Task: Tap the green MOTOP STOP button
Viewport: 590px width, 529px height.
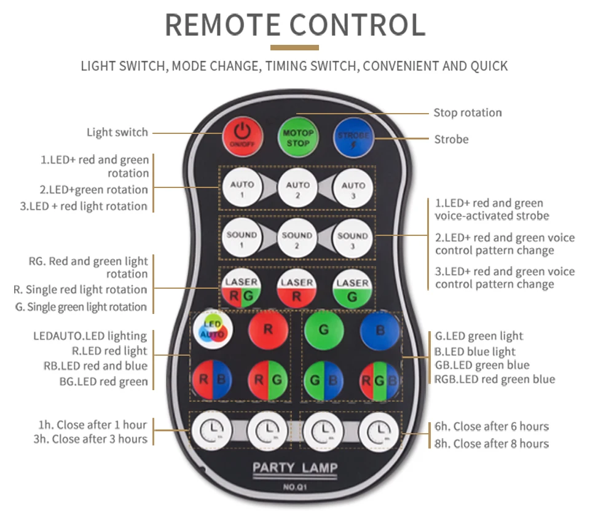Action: [297, 138]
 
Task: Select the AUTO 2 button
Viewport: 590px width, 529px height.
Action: [297, 189]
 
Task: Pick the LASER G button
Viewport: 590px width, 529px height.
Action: [352, 290]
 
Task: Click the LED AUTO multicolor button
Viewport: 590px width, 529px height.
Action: [212, 330]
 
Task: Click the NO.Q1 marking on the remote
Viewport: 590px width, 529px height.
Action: [295, 488]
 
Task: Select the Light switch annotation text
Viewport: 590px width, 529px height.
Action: [117, 132]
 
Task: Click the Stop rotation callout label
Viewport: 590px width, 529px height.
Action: [468, 112]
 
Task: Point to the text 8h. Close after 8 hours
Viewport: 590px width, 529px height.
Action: [492, 444]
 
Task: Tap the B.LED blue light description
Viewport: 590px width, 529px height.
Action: [475, 351]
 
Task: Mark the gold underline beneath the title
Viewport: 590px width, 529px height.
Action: [295, 47]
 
